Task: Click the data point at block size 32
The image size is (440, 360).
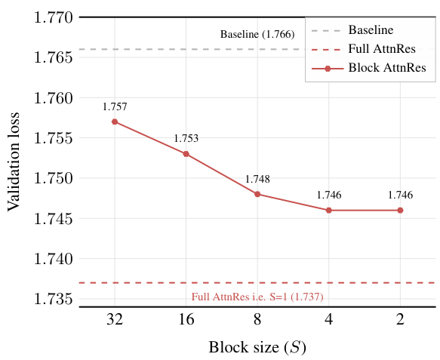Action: pyautogui.click(x=115, y=122)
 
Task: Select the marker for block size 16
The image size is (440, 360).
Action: pyautogui.click(x=186, y=154)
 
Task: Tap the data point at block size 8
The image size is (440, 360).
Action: pyautogui.click(x=257, y=194)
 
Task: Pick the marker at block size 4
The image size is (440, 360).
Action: pyautogui.click(x=329, y=211)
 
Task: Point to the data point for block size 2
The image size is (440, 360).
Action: pyautogui.click(x=400, y=211)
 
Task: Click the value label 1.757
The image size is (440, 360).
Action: pyautogui.click(x=115, y=107)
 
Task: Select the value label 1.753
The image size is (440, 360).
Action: pyautogui.click(x=186, y=139)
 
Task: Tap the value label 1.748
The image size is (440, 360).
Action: pyautogui.click(x=257, y=180)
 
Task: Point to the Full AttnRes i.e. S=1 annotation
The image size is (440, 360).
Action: pyautogui.click(x=257, y=297)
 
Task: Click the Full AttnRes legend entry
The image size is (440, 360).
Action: pyautogui.click(x=370, y=49)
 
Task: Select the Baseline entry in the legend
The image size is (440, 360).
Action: pyautogui.click(x=370, y=31)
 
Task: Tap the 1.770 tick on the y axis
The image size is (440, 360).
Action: pyautogui.click(x=51, y=17)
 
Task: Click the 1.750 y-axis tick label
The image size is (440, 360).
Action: pyautogui.click(x=51, y=179)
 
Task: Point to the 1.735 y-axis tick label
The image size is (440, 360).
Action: pyautogui.click(x=51, y=300)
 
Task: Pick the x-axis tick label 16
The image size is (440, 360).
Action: pyautogui.click(x=186, y=320)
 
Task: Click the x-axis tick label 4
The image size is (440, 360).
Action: pyautogui.click(x=329, y=320)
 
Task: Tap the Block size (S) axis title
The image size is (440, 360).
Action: pyautogui.click(x=257, y=348)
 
